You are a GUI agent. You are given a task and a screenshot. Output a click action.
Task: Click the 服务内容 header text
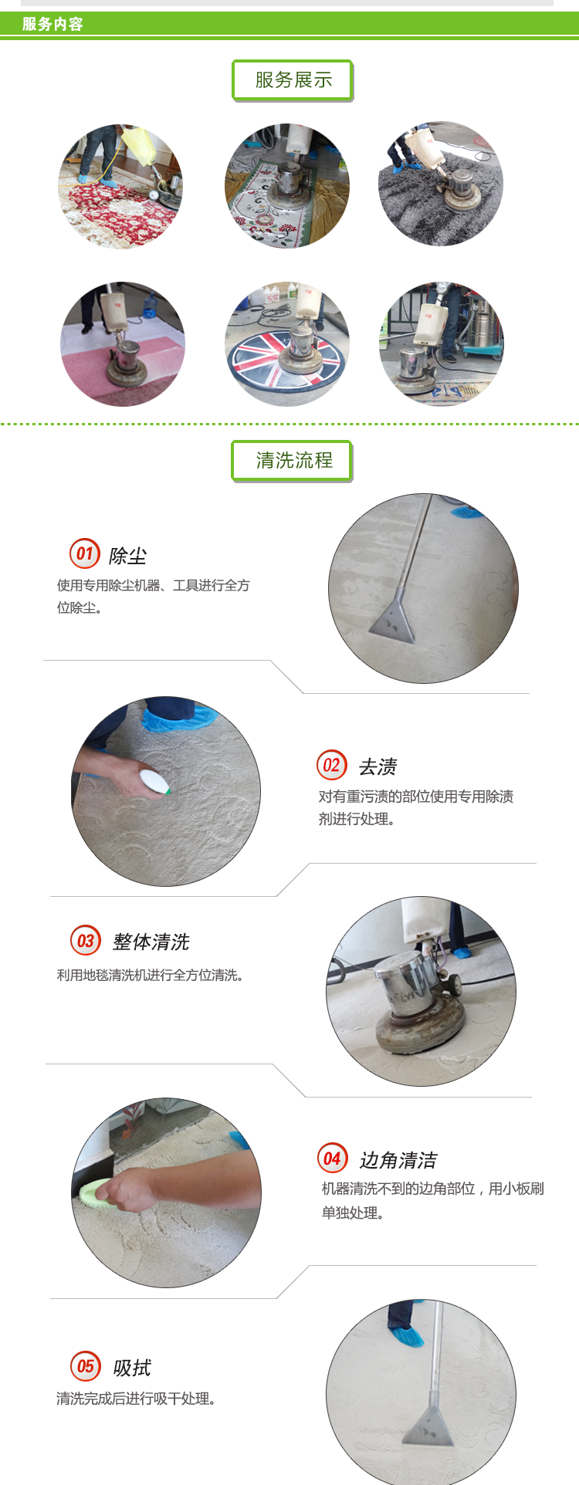pyautogui.click(x=52, y=24)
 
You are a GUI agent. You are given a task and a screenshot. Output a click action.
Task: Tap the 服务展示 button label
pyautogui.click(x=293, y=79)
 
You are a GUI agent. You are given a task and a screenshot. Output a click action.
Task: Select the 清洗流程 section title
pyautogui.click(x=294, y=461)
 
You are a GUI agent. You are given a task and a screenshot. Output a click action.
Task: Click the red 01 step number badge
pyautogui.click(x=85, y=553)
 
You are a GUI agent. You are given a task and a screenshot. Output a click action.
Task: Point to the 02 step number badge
pyautogui.click(x=332, y=765)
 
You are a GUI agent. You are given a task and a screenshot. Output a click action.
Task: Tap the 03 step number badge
pyautogui.click(x=86, y=940)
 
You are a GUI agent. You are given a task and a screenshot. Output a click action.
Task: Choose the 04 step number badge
pyautogui.click(x=333, y=1158)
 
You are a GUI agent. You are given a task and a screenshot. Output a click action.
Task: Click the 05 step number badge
pyautogui.click(x=86, y=1366)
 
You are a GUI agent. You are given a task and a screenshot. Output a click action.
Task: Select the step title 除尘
pyautogui.click(x=127, y=556)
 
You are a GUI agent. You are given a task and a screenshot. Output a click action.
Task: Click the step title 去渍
pyautogui.click(x=378, y=766)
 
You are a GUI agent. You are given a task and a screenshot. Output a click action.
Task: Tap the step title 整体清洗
pyautogui.click(x=151, y=942)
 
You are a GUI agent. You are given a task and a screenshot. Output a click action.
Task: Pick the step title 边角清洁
pyautogui.click(x=398, y=1160)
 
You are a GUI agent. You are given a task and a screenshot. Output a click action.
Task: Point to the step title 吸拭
pyautogui.click(x=132, y=1368)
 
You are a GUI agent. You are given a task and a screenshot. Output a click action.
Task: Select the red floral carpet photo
pyautogui.click(x=121, y=187)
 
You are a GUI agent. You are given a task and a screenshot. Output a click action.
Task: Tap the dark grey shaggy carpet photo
pyautogui.click(x=441, y=184)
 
